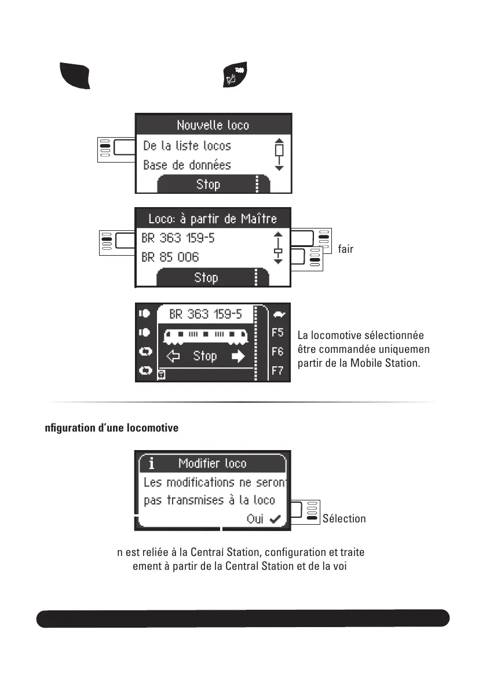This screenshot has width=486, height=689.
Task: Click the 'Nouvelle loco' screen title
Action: [x=213, y=125]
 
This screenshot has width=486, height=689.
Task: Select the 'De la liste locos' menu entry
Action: [x=187, y=146]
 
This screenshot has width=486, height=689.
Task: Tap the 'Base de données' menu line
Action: [x=187, y=165]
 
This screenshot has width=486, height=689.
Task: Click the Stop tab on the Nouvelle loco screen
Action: [x=208, y=185]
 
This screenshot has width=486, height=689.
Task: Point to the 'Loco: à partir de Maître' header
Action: [x=213, y=219]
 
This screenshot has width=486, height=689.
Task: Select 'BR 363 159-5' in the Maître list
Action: [x=177, y=238]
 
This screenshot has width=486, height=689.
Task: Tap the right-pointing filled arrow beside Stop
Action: [x=238, y=356]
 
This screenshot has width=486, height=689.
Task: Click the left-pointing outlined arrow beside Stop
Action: [x=173, y=356]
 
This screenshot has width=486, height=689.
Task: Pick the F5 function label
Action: [x=277, y=333]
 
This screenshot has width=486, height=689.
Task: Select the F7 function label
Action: [x=277, y=370]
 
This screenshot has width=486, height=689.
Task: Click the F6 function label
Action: [x=277, y=351]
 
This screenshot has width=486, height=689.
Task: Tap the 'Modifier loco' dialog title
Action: [x=212, y=463]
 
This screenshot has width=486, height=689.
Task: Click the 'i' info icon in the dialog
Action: [x=151, y=463]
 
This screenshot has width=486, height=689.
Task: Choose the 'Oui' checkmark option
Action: [x=261, y=519]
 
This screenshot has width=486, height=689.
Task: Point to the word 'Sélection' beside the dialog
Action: [x=344, y=519]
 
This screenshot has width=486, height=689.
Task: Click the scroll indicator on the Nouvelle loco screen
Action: [x=279, y=154]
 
